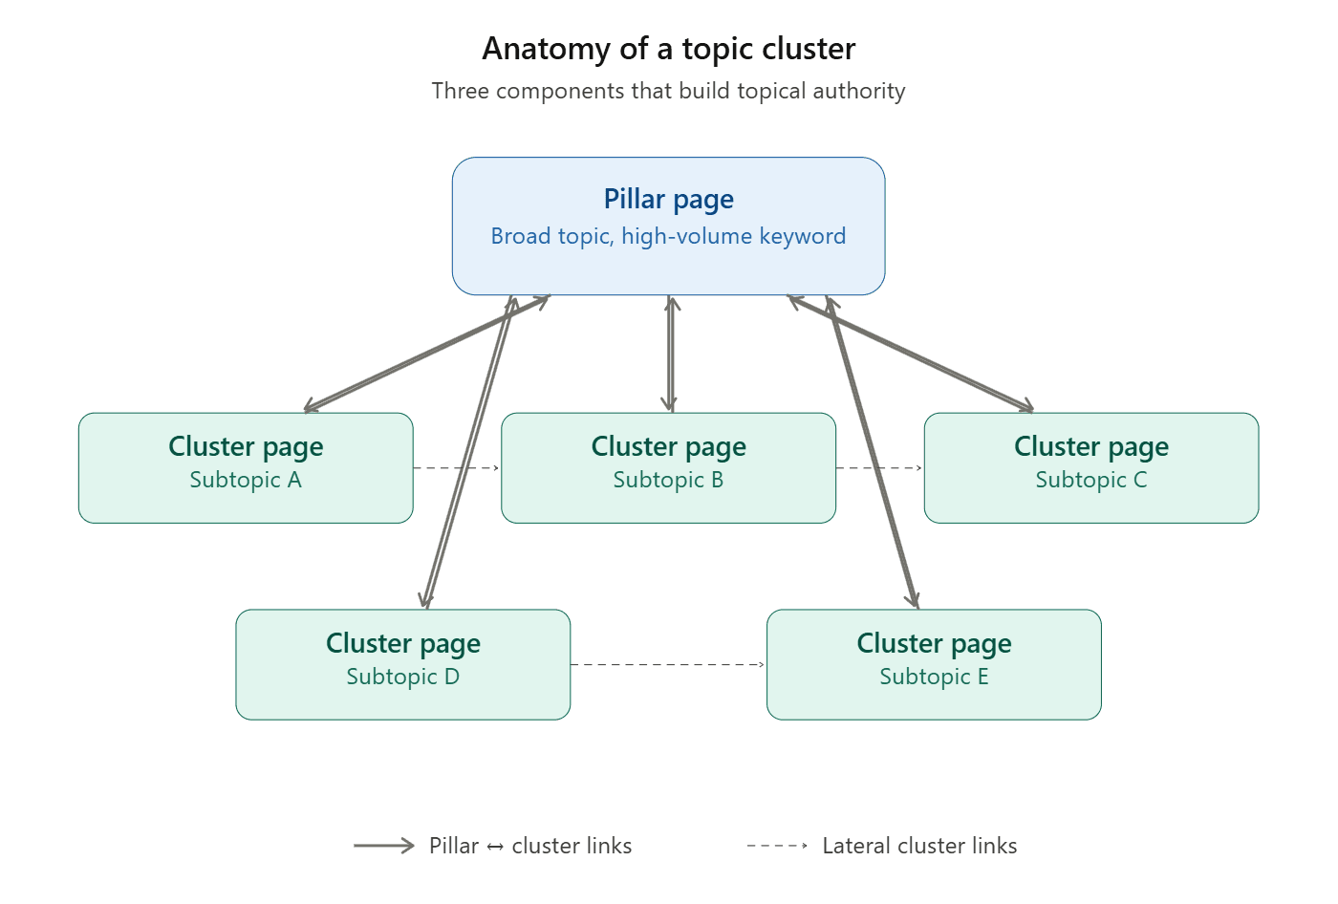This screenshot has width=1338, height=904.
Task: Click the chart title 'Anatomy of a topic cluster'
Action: click(668, 49)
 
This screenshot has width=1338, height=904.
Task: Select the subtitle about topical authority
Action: click(668, 91)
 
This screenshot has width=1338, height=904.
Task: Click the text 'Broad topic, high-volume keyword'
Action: click(668, 236)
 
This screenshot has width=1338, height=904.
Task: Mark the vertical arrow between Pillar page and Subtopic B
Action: click(672, 354)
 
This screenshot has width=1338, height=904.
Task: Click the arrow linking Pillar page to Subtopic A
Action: click(427, 354)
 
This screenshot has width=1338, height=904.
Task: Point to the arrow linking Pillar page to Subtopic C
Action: click(911, 354)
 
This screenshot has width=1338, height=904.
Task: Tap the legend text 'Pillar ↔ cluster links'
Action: click(530, 846)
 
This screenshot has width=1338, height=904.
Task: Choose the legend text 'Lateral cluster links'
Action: click(919, 846)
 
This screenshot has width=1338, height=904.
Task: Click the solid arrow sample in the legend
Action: click(383, 846)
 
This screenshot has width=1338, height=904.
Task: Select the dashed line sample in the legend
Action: click(777, 846)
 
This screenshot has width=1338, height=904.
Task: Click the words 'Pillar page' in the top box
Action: click(668, 199)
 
